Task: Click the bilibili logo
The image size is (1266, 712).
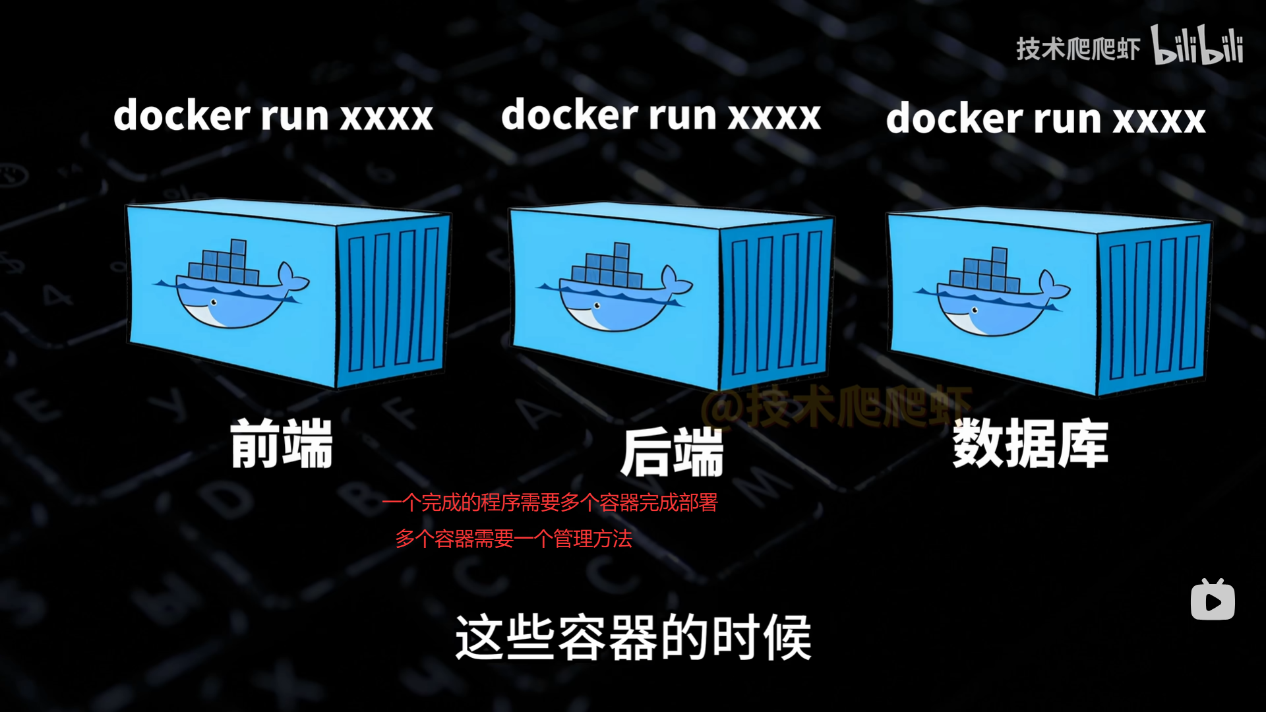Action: (x=1197, y=45)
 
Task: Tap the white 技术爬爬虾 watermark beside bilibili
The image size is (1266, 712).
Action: (x=1077, y=49)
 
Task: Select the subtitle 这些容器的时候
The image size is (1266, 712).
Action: (x=633, y=638)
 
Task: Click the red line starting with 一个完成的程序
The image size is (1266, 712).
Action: (x=550, y=503)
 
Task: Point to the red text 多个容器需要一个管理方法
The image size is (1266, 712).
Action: (x=514, y=539)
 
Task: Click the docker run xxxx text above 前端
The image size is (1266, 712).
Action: (x=273, y=116)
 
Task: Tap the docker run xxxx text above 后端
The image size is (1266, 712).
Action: (x=661, y=115)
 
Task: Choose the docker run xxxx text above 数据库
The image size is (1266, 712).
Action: (x=1046, y=119)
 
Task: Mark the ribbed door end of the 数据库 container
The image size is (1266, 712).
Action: (x=1154, y=307)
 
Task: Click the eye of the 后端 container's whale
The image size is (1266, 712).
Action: (x=597, y=306)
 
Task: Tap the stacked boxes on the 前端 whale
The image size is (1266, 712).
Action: (x=224, y=263)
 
